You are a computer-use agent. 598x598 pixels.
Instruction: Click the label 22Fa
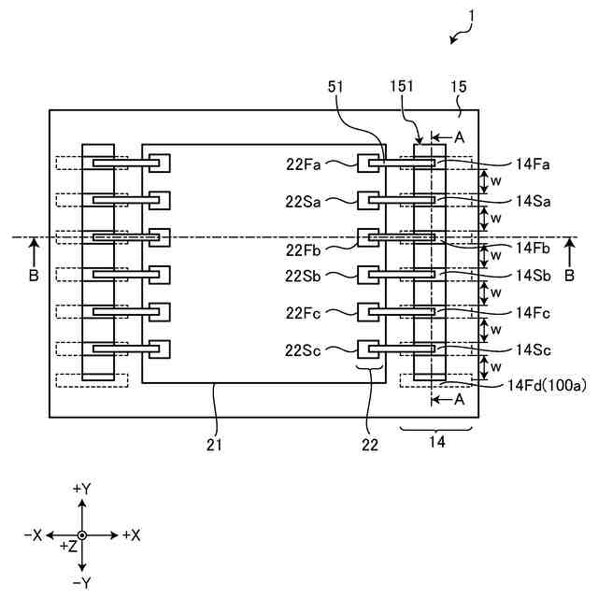click(305, 164)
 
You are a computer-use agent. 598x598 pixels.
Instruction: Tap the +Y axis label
click(82, 489)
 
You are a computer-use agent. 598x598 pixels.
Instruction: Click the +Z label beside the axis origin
click(67, 546)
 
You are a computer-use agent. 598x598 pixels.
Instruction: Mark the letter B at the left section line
click(34, 276)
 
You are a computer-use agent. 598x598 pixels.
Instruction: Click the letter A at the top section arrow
click(459, 136)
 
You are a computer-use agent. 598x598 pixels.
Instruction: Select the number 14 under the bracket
click(435, 445)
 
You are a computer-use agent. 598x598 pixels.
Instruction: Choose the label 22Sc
click(305, 349)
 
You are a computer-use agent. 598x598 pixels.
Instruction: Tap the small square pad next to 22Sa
click(368, 200)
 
